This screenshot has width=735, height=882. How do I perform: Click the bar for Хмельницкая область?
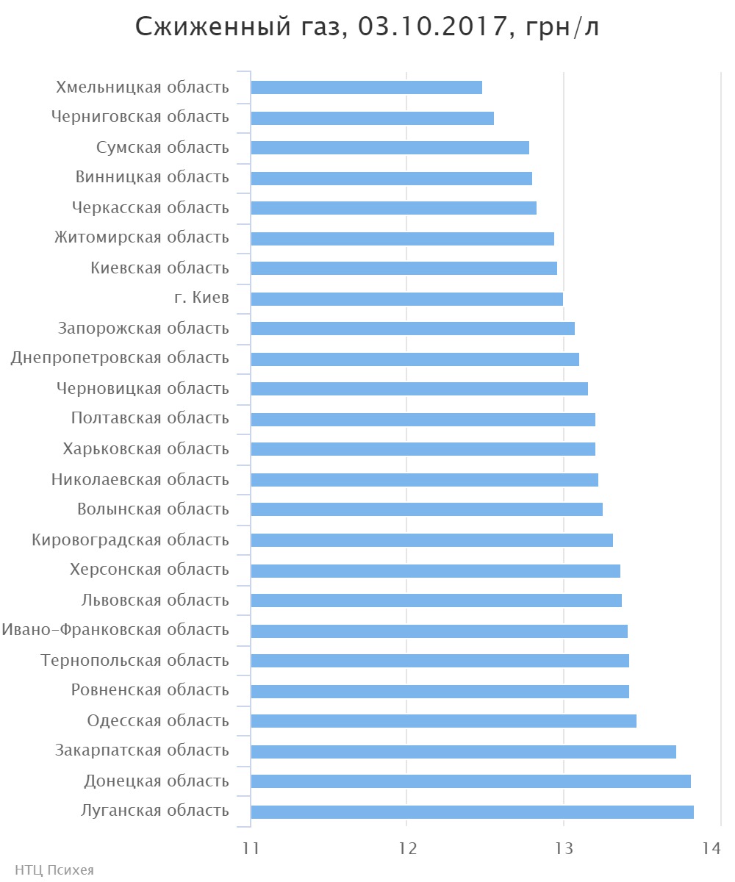click(x=366, y=87)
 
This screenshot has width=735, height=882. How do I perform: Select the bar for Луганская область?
click(x=472, y=811)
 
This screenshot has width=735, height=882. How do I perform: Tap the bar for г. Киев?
click(x=406, y=298)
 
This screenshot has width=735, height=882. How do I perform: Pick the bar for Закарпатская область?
click(x=463, y=751)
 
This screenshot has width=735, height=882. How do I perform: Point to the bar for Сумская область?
click(x=390, y=148)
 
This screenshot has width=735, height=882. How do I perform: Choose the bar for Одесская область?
click(x=443, y=720)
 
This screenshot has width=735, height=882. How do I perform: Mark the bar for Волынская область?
click(x=426, y=509)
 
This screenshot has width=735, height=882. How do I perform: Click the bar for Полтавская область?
click(x=423, y=419)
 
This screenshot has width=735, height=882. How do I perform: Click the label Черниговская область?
click(x=140, y=117)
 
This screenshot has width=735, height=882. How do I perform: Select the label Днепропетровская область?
click(x=120, y=358)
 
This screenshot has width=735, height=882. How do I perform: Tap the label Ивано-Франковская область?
click(x=115, y=630)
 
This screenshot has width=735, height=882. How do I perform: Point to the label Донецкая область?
click(x=157, y=781)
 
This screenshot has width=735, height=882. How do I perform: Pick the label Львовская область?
click(x=155, y=600)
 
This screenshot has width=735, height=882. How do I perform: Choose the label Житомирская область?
click(x=141, y=237)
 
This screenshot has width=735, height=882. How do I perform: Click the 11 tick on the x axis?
click(x=251, y=848)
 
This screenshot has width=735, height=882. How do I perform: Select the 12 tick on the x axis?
click(x=407, y=848)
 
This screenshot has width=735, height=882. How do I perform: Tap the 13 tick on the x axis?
click(x=564, y=848)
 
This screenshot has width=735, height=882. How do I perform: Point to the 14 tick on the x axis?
click(x=710, y=848)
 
